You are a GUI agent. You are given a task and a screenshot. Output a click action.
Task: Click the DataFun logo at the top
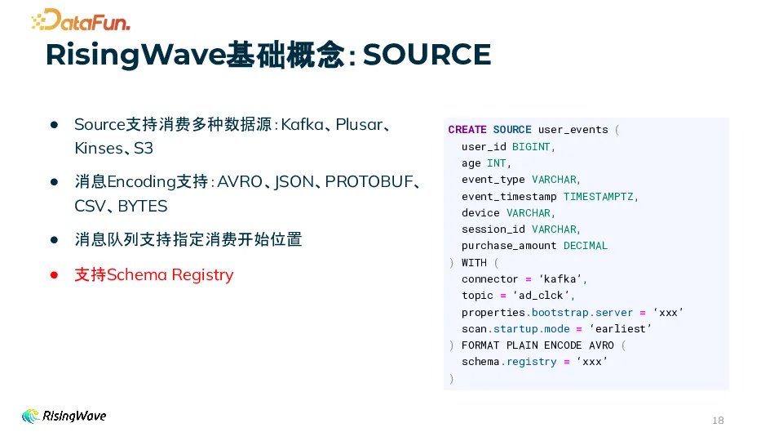tap(81, 20)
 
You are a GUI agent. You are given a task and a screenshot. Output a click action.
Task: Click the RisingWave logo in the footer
tap(64, 416)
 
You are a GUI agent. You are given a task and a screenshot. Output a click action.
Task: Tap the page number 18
tap(718, 421)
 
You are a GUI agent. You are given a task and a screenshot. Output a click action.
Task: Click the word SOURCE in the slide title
tap(427, 55)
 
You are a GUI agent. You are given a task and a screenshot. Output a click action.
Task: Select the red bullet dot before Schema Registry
tap(55, 275)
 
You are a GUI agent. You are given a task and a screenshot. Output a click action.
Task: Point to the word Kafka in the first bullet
tap(303, 124)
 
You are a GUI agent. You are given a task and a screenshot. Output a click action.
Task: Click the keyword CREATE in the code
tap(467, 130)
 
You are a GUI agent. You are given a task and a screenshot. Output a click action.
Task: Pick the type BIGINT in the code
tap(532, 147)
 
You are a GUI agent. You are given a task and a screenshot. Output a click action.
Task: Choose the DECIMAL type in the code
tap(586, 246)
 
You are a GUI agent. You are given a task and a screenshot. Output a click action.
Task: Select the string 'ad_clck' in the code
tap(550, 296)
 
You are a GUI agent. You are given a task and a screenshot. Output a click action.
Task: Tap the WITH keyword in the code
tap(474, 262)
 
